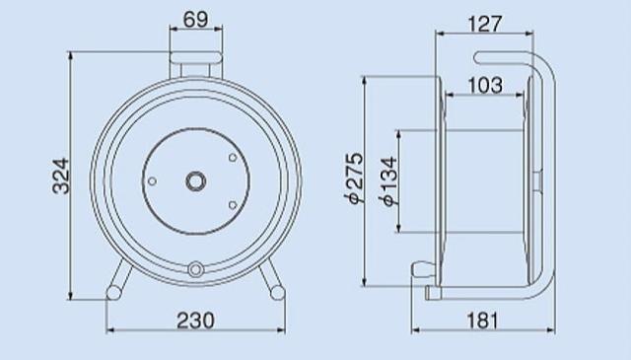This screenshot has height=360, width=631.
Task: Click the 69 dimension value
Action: tap(195, 19)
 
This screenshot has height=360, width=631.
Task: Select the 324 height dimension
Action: tap(61, 176)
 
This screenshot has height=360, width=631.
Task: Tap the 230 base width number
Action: tap(195, 321)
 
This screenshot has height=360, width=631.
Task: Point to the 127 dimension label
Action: tap(485, 24)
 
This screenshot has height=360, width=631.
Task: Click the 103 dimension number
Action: tap(485, 86)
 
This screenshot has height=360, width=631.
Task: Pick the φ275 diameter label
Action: tap(355, 178)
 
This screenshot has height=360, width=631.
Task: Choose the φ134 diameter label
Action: tap(389, 181)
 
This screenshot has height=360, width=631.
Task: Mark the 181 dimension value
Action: tap(482, 321)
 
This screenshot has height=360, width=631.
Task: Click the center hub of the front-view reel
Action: tap(196, 181)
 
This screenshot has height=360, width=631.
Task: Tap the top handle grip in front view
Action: tap(195, 58)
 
